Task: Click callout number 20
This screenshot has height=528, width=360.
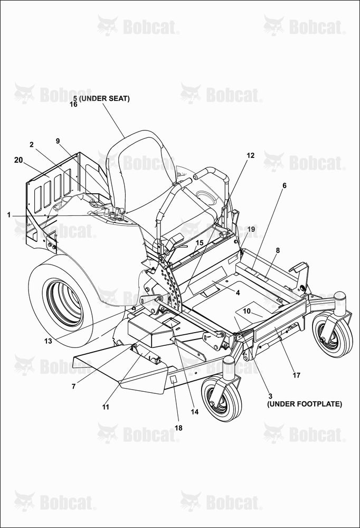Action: click(x=18, y=160)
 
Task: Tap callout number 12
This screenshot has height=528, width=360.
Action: click(x=251, y=155)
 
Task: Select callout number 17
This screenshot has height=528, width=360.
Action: click(x=296, y=375)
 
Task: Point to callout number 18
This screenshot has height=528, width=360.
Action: click(x=178, y=428)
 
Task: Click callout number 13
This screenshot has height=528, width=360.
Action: click(x=48, y=341)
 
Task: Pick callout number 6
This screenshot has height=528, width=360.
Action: click(x=285, y=185)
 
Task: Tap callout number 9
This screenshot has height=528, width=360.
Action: click(x=58, y=141)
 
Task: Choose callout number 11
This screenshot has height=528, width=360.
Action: click(x=106, y=407)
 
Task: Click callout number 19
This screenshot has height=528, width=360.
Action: click(x=251, y=229)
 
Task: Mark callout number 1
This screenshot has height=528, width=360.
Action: click(x=9, y=215)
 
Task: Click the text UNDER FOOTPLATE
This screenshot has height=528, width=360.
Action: click(x=305, y=404)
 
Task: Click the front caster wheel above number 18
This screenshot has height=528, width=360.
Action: click(x=222, y=398)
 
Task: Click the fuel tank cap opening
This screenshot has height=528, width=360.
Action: click(x=205, y=196)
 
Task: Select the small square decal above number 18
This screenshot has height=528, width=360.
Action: click(x=173, y=380)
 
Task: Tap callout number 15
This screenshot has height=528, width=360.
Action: click(x=200, y=243)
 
